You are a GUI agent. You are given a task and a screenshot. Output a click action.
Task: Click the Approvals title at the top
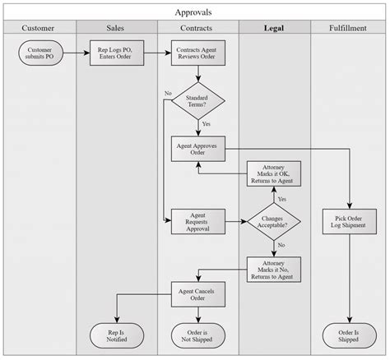coord(195,12)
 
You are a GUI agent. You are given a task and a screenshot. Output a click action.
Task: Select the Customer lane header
coord(39,28)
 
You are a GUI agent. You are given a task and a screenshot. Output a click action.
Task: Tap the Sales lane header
coord(116,28)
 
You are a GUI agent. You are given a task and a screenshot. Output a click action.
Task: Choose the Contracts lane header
coord(197,28)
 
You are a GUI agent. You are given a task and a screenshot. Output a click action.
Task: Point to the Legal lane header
coord(274,28)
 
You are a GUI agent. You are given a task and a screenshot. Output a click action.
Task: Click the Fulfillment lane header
coord(347,28)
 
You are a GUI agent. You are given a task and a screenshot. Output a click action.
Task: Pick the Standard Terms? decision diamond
coord(197,100)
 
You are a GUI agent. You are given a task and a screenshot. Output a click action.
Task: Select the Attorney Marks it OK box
coord(274,173)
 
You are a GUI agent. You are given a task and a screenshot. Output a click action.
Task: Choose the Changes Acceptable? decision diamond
coord(274,220)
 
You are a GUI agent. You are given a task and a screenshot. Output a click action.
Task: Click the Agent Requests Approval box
coord(197,220)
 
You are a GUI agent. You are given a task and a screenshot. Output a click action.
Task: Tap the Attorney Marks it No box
coord(274,268)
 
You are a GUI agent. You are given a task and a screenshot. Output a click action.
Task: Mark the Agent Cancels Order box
coord(197,293)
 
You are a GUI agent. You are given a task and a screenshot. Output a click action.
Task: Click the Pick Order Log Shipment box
coord(349,220)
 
